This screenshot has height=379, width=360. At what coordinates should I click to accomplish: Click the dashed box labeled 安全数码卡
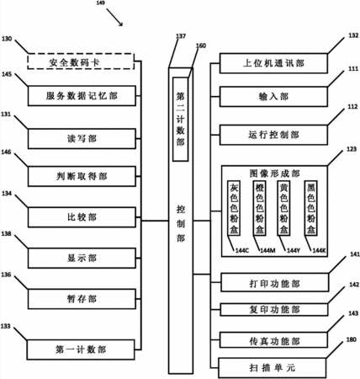[81, 61]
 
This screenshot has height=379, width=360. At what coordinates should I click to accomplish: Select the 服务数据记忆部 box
[82, 96]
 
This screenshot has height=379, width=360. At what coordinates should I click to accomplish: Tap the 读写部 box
[82, 139]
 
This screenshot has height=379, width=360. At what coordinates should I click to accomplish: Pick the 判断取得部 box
[82, 176]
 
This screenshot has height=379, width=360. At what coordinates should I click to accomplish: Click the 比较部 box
[82, 217]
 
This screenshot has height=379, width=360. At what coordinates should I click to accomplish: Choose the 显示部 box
[82, 258]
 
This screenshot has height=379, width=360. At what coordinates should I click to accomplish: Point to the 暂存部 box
[82, 299]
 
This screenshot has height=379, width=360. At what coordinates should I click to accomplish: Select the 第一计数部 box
[81, 350]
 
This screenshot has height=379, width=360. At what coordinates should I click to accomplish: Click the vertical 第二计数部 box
[180, 119]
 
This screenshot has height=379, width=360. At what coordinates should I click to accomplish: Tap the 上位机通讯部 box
[273, 63]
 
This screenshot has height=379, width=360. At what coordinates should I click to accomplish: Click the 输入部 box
[273, 97]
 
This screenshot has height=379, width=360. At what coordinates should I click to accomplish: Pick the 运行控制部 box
[273, 135]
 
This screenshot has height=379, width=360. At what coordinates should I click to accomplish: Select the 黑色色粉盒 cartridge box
[310, 208]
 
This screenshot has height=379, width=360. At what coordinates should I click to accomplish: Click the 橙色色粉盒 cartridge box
[259, 208]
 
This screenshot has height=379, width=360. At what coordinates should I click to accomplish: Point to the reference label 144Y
[294, 250]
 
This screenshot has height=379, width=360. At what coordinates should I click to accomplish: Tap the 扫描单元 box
[272, 367]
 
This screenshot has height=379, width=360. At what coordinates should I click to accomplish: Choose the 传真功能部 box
[273, 340]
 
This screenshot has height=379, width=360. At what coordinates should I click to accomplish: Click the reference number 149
[100, 3]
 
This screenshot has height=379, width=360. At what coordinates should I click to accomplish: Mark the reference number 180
[351, 339]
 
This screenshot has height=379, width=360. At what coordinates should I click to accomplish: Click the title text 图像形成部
[274, 173]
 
